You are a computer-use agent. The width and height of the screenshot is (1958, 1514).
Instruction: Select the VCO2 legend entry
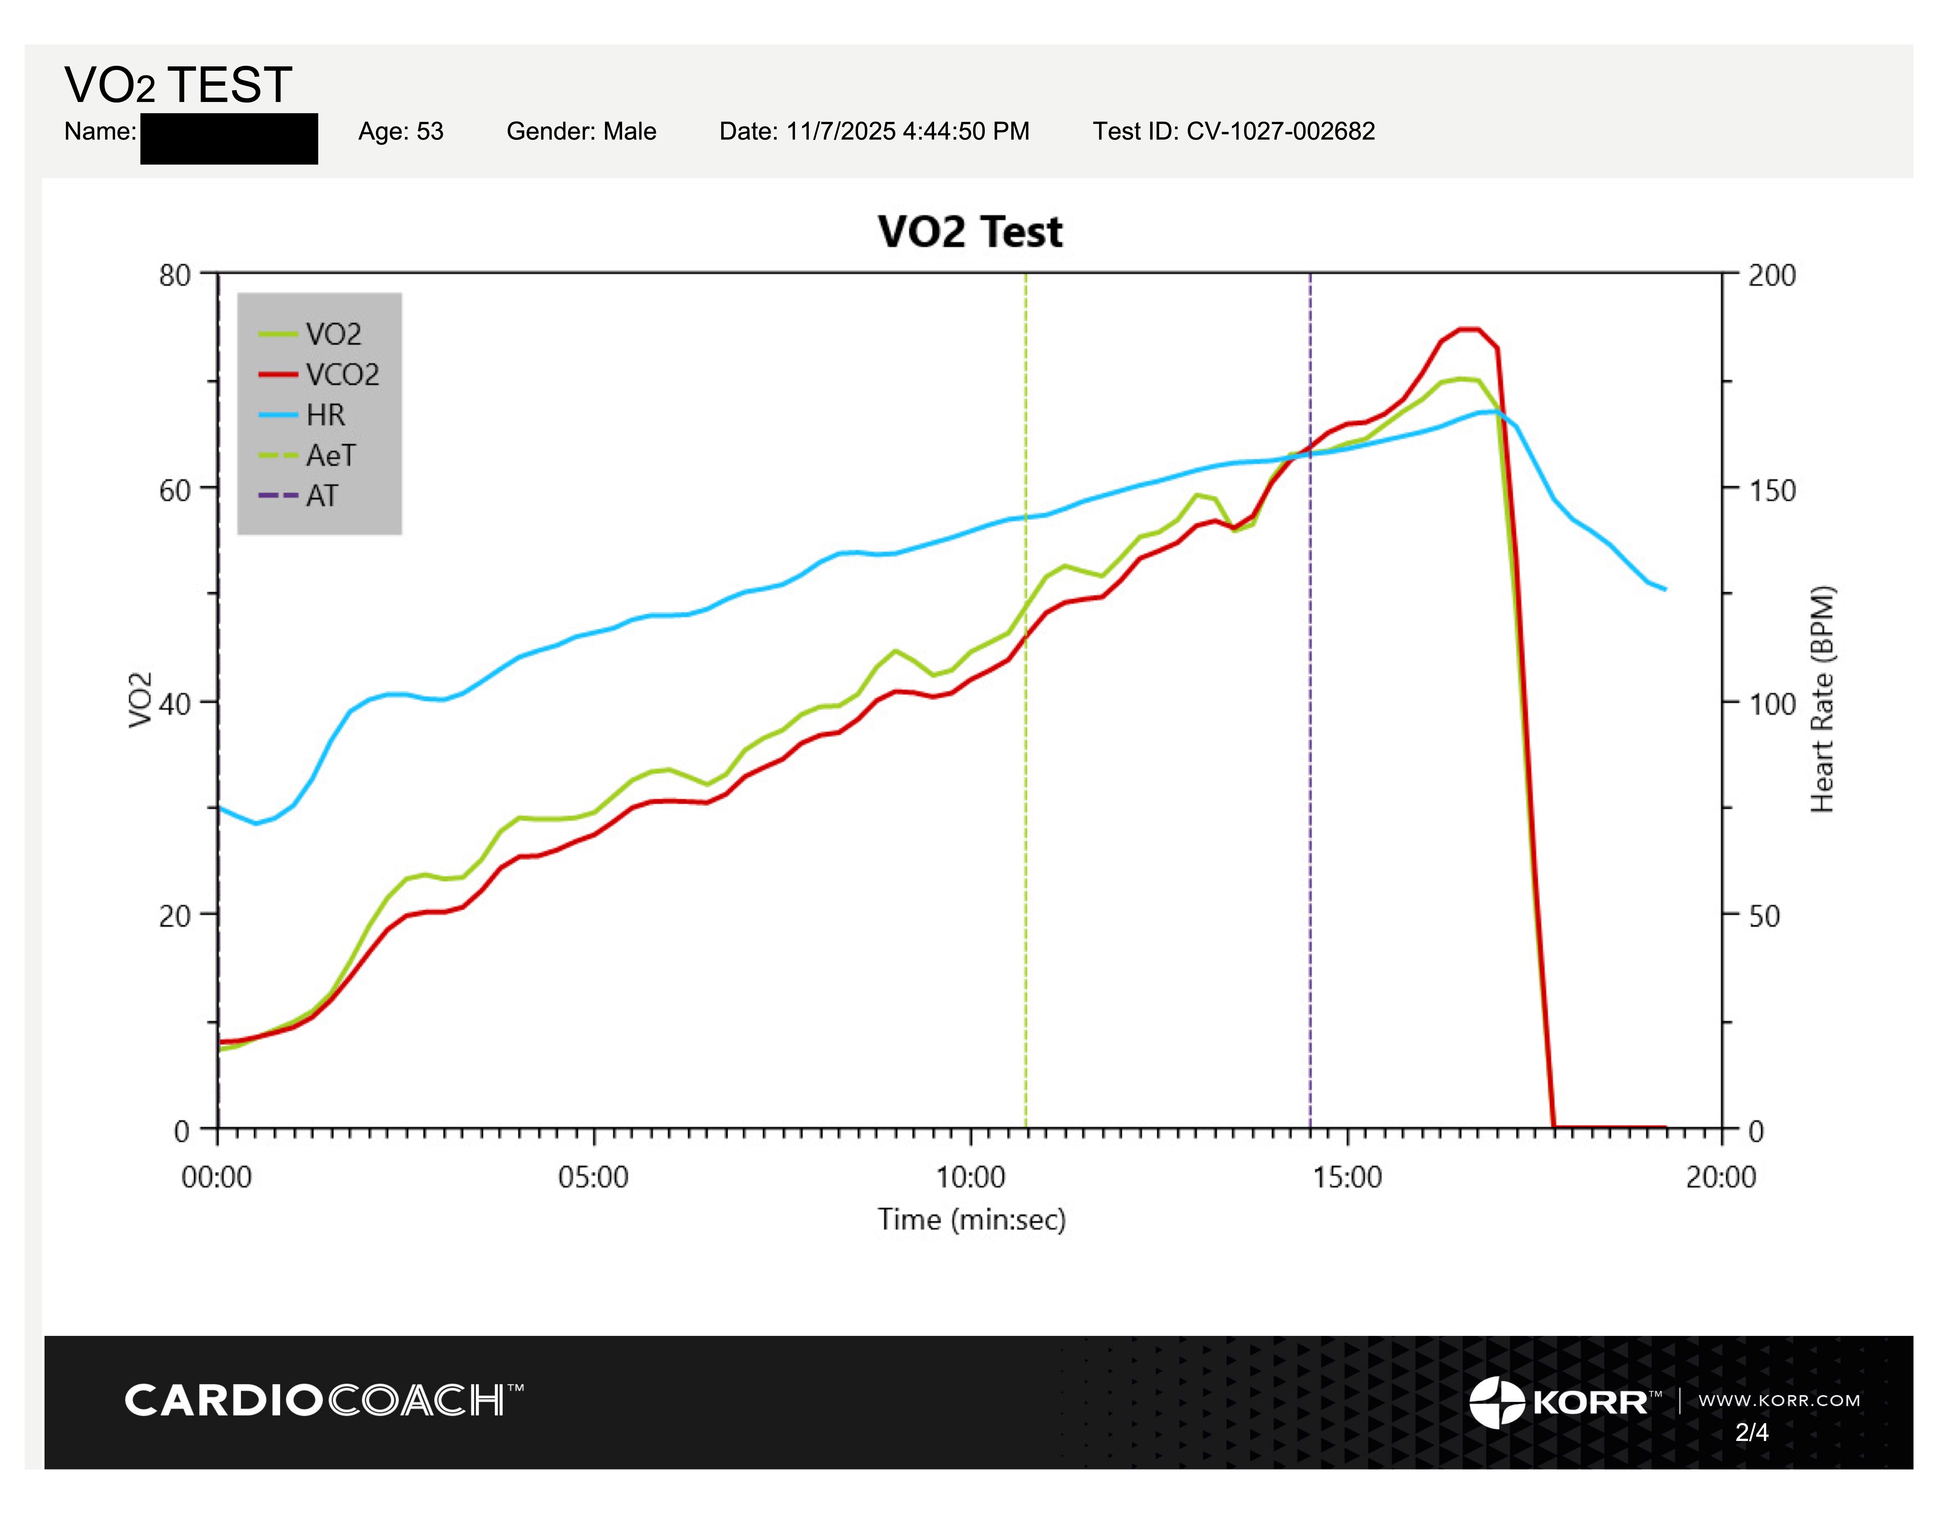tap(319, 374)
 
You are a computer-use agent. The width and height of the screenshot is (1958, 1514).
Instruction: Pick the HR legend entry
tap(301, 414)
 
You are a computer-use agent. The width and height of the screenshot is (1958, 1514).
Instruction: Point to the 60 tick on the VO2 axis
tap(176, 490)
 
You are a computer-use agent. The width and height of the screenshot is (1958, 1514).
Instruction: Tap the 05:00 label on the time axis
tap(593, 1176)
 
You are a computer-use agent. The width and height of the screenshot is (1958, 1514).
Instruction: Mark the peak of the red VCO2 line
tap(1469, 329)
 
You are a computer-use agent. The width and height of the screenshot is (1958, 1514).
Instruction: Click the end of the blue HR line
tap(1665, 589)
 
